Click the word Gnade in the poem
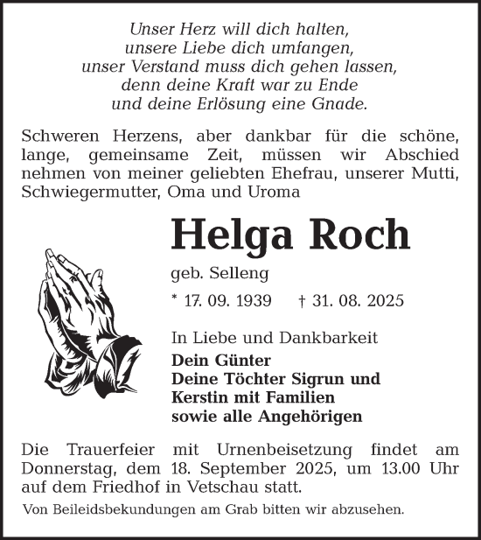coord(343,103)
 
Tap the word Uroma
coord(275,191)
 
